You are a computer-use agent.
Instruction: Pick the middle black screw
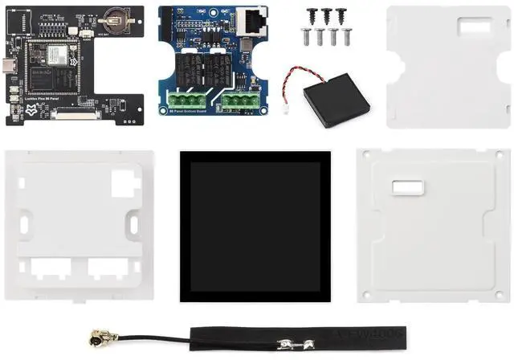click(x=326, y=14)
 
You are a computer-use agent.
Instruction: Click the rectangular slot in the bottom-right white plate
click(x=406, y=188)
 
